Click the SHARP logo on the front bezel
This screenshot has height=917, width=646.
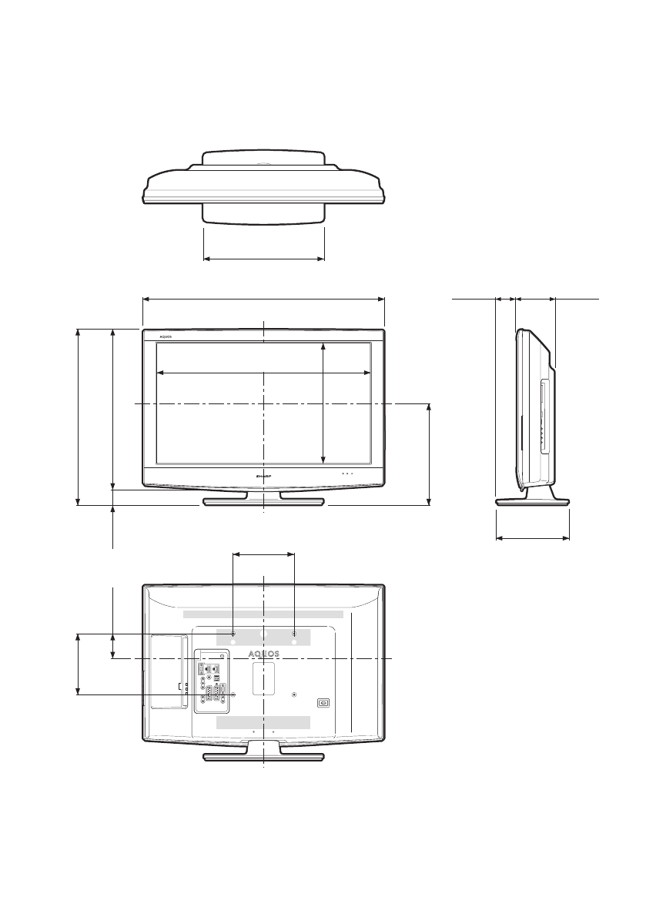point(264,477)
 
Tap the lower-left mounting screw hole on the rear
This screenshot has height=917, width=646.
point(233,694)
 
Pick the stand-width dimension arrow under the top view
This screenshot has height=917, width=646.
point(263,258)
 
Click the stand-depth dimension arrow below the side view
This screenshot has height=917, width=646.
point(532,537)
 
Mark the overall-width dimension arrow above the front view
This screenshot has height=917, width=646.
point(263,299)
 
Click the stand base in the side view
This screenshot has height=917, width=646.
point(532,501)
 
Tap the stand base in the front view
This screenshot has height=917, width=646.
point(263,502)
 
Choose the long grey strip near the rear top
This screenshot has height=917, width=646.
point(263,614)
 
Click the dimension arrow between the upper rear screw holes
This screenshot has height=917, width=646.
point(264,553)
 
